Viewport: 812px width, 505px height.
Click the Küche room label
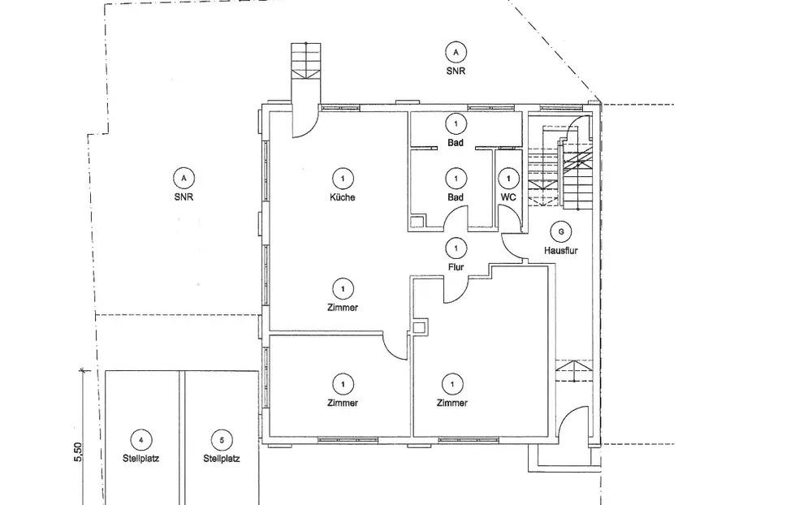tap(343, 197)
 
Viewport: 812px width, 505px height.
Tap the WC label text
tap(508, 197)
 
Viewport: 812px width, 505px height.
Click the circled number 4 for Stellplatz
tap(141, 440)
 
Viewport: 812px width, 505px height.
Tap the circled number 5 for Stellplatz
tap(221, 440)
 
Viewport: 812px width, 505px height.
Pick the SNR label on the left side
tap(184, 196)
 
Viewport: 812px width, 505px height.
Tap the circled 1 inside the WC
tap(508, 177)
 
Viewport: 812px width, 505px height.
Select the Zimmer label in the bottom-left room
tap(343, 403)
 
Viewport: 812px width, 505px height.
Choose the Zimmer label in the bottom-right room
tap(451, 403)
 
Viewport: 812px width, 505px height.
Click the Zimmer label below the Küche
tap(343, 308)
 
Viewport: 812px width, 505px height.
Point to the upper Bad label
tap(456, 143)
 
